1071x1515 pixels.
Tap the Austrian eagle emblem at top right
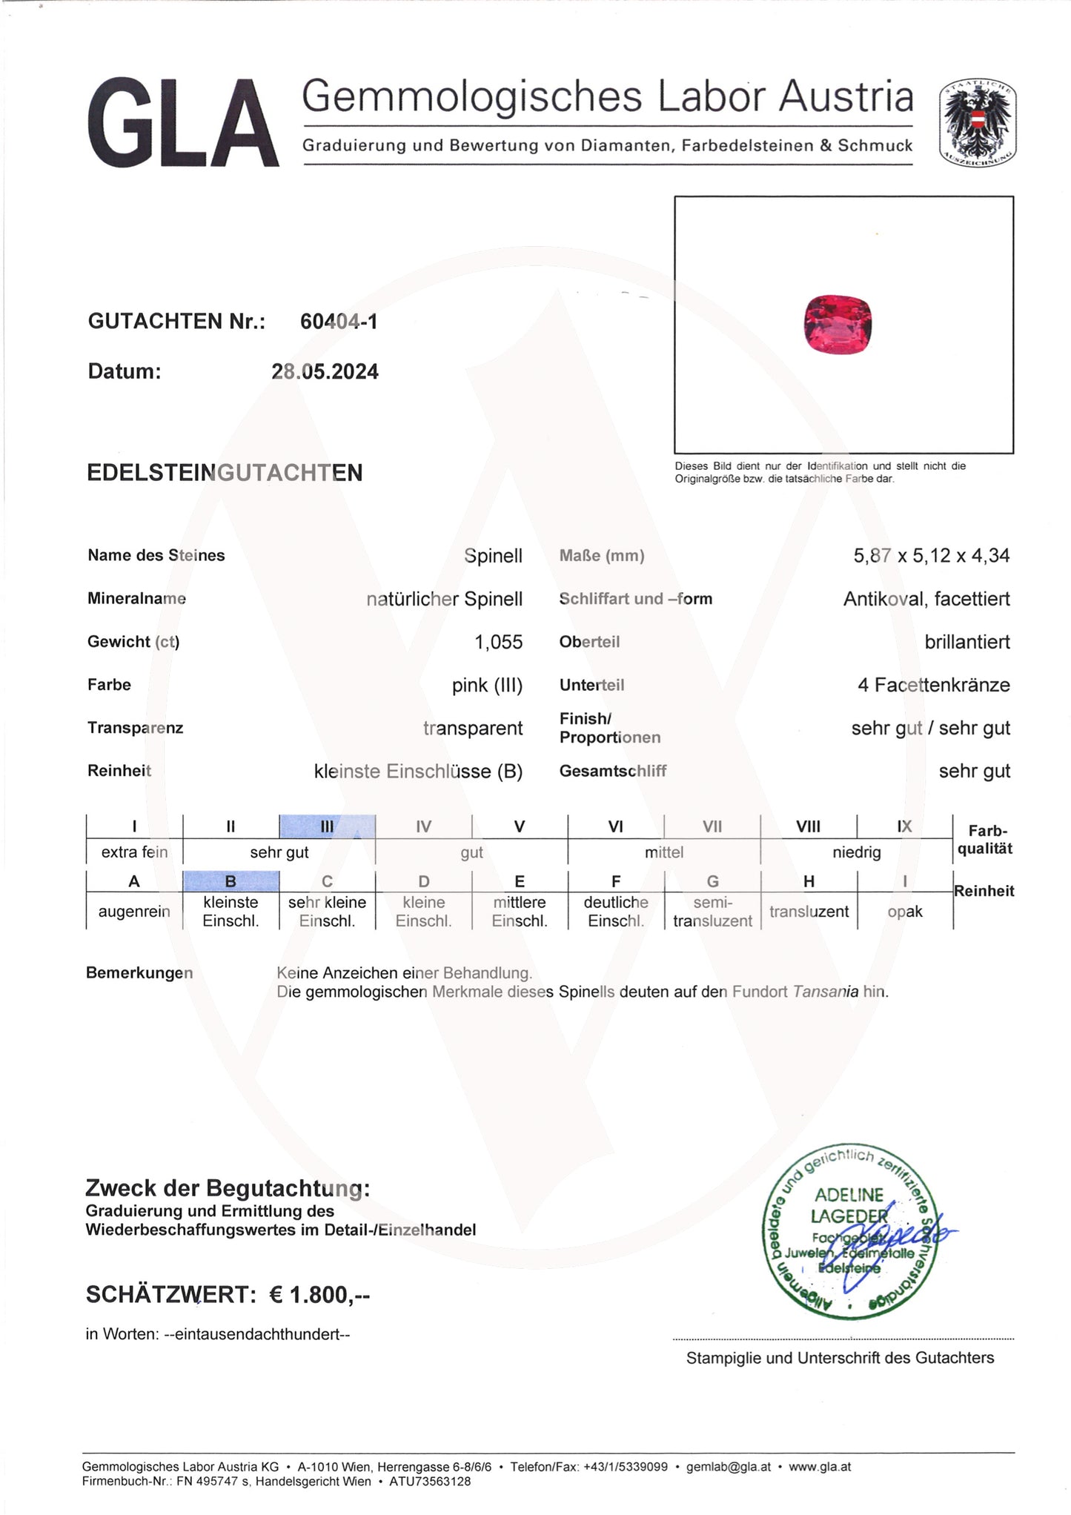tap(977, 124)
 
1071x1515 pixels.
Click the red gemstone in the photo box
tap(838, 324)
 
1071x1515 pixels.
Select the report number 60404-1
tap(339, 322)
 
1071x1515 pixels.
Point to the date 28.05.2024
tap(325, 372)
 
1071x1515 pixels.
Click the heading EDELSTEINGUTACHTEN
tap(225, 473)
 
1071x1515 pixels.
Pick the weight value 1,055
tap(498, 642)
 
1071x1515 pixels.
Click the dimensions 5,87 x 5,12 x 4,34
tap(931, 556)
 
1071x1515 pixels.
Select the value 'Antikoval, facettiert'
tap(926, 599)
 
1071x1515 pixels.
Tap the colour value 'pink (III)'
tap(487, 685)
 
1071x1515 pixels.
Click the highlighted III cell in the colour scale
tap(327, 826)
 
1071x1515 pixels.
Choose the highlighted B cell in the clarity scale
tap(231, 881)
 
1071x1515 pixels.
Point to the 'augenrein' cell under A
tap(134, 912)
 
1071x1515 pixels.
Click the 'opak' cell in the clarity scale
tap(904, 912)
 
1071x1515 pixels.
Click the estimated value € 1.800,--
tap(319, 1295)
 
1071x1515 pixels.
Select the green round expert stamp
tap(849, 1231)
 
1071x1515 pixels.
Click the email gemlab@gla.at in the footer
tap(728, 1467)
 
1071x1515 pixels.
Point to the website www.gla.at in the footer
tap(819, 1467)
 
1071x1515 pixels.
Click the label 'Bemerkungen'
tap(139, 973)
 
